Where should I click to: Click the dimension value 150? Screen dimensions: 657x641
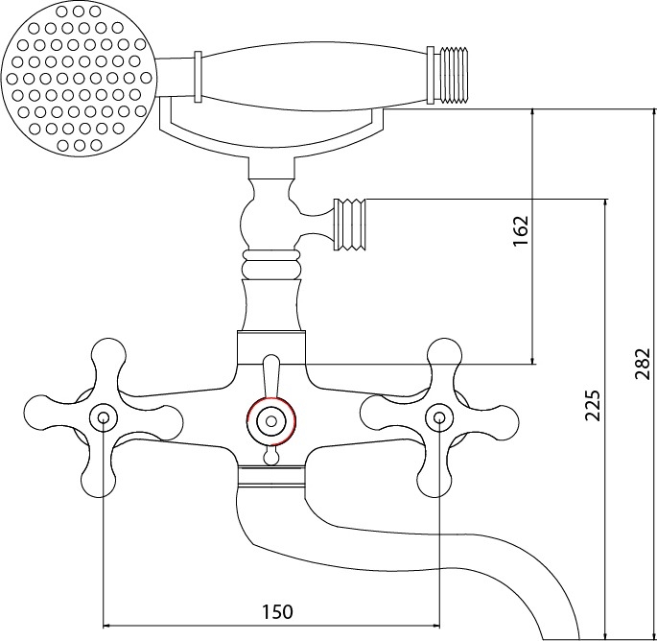(277, 611)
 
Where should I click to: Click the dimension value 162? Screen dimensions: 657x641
(521, 231)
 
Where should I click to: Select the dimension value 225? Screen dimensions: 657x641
(593, 405)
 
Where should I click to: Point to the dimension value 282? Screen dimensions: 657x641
(642, 364)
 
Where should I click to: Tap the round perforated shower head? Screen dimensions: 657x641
(79, 79)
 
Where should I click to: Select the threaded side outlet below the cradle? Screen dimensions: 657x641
(350, 225)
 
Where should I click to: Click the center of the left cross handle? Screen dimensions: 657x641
(104, 418)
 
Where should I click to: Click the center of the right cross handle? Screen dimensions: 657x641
(439, 418)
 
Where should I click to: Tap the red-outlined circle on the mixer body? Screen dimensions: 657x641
(271, 421)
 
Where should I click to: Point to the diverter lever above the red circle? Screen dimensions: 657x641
(270, 375)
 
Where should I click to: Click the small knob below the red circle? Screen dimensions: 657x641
(271, 456)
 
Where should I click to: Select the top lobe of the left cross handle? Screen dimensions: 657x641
(107, 356)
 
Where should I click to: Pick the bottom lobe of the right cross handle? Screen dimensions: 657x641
(434, 478)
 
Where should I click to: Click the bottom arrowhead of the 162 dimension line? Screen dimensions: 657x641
(532, 361)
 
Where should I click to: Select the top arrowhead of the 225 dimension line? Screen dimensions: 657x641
(604, 203)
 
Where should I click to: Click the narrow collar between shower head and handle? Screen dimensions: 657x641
(198, 77)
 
